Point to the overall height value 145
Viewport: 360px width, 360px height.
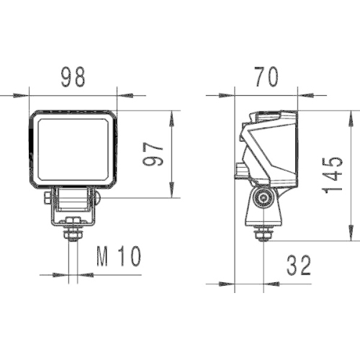[x=333, y=175]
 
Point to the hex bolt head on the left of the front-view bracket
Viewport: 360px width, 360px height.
[x=48, y=196]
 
